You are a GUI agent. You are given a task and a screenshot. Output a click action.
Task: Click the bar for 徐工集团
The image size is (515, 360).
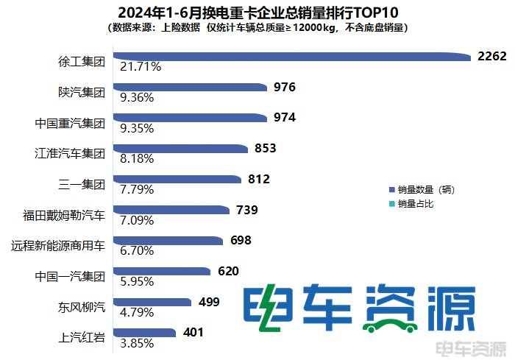click(x=294, y=57)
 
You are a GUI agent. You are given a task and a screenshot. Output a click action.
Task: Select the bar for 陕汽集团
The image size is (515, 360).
click(x=191, y=88)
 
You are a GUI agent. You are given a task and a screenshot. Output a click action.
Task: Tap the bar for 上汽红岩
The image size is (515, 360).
click(x=145, y=333)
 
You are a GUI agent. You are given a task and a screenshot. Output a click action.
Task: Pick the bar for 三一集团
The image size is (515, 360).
click(x=179, y=180)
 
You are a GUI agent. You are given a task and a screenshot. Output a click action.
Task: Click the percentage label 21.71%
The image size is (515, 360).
click(x=141, y=67)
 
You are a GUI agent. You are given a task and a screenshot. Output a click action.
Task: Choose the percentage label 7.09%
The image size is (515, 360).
click(x=137, y=220)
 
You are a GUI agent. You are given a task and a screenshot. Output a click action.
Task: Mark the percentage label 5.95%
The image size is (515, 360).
click(x=137, y=282)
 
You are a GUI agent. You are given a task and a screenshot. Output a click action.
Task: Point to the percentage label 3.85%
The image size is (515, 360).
click(x=136, y=343)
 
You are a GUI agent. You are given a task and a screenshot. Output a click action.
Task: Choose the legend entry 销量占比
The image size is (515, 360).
click(x=416, y=203)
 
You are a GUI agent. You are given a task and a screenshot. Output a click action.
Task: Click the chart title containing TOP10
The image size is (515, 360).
click(x=257, y=13)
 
